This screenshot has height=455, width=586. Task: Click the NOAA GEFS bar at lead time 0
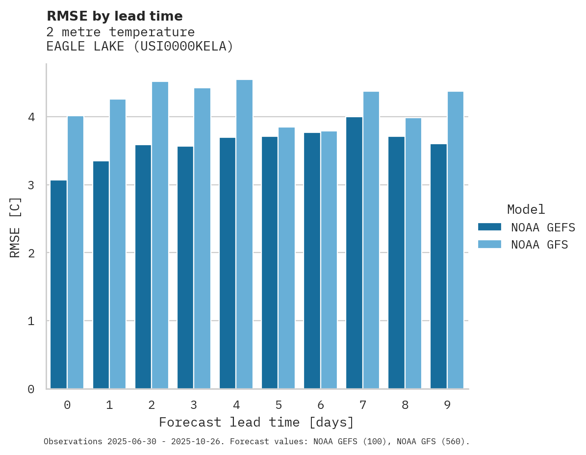pyautogui.click(x=58, y=284)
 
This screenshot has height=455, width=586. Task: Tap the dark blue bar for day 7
pyautogui.click(x=354, y=253)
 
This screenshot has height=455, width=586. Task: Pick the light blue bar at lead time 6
pyautogui.click(x=329, y=260)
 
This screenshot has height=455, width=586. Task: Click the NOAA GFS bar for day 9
pyautogui.click(x=455, y=240)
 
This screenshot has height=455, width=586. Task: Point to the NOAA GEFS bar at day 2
pyautogui.click(x=143, y=267)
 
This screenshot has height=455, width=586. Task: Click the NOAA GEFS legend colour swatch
pyautogui.click(x=489, y=227)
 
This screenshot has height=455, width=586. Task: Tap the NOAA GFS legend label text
pyautogui.click(x=539, y=245)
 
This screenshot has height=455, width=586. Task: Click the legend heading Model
pyautogui.click(x=526, y=210)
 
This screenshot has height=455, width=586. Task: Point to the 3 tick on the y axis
pyautogui.click(x=31, y=185)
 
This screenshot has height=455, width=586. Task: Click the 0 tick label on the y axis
pyautogui.click(x=31, y=389)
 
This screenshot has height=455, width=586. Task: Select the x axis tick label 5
pyautogui.click(x=279, y=405)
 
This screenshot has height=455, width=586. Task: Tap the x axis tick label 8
pyautogui.click(x=405, y=405)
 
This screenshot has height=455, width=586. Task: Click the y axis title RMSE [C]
pyautogui.click(x=15, y=227)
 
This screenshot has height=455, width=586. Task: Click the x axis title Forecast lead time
pyautogui.click(x=256, y=422)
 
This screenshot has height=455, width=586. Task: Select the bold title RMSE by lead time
pyautogui.click(x=114, y=16)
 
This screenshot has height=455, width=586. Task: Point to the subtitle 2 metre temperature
pyautogui.click(x=120, y=32)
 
